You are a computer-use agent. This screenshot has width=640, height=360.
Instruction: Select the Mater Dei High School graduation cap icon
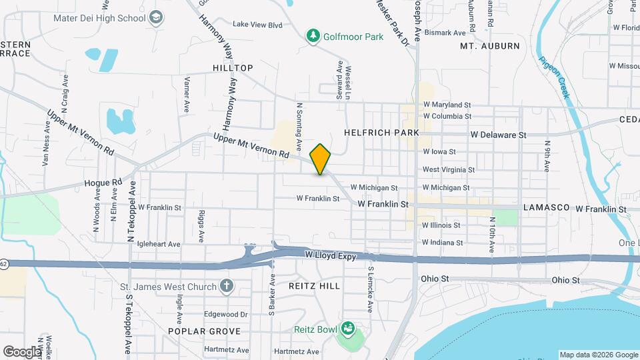click(x=157, y=17)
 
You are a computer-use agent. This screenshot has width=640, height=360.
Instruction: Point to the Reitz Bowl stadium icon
click(x=347, y=328)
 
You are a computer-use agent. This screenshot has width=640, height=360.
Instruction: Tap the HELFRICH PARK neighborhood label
click(x=381, y=133)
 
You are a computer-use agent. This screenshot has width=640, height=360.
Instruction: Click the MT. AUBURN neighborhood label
click(x=490, y=46)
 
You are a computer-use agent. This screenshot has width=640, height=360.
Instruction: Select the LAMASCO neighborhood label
click(x=547, y=208)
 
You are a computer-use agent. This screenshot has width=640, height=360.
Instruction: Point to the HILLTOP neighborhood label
click(x=233, y=68)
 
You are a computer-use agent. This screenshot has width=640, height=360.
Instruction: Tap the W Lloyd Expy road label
click(x=332, y=255)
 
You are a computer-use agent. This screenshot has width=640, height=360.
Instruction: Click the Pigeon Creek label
click(x=555, y=77)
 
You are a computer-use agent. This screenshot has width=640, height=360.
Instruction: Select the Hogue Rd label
click(x=103, y=182)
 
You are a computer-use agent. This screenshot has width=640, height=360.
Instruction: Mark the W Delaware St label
click(x=498, y=135)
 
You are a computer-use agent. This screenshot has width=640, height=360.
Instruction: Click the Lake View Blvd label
click(x=257, y=25)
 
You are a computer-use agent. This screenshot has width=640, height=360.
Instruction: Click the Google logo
click(x=22, y=352)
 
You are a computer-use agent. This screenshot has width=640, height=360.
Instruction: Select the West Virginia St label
click(x=448, y=170)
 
